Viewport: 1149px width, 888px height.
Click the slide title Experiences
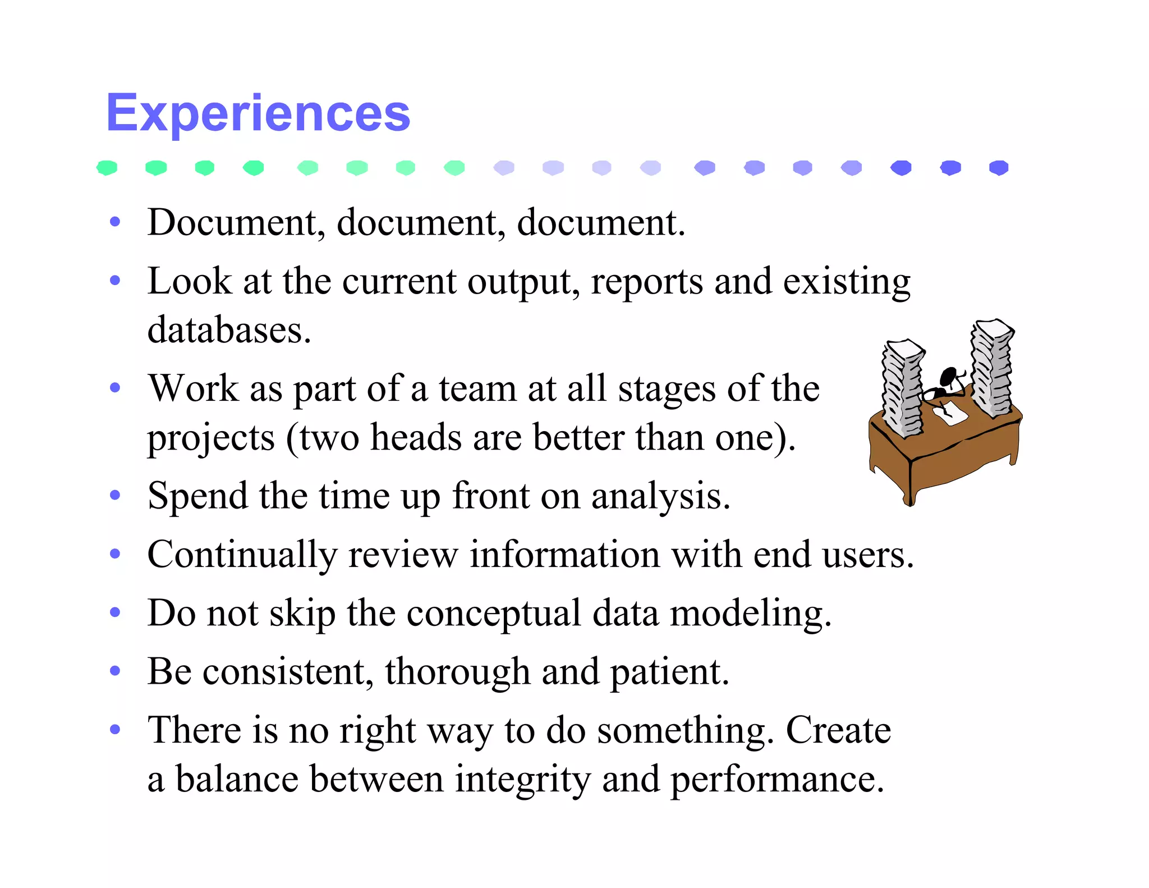click(x=258, y=113)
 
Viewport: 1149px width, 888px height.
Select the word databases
click(x=228, y=330)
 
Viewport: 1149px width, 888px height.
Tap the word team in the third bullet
click(x=477, y=388)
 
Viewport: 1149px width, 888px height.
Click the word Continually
click(x=242, y=555)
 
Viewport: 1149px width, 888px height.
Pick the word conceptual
click(x=493, y=613)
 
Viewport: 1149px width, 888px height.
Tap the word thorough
click(x=457, y=671)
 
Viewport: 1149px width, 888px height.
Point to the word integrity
click(x=522, y=779)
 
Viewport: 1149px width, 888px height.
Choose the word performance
click(x=776, y=779)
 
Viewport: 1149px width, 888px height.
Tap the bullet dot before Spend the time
click(x=115, y=495)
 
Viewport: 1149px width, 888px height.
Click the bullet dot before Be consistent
click(x=115, y=670)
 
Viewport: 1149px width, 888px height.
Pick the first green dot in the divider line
click(x=107, y=167)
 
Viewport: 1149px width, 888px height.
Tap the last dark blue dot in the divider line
click(x=999, y=167)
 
